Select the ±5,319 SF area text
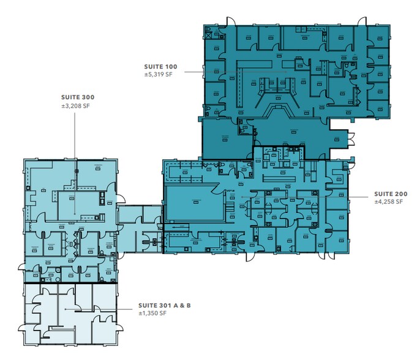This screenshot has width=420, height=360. tap(157, 75)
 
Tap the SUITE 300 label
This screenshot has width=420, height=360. tap(76, 97)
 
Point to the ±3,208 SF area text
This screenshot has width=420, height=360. tap(76, 106)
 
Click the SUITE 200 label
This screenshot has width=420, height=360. tap(391, 194)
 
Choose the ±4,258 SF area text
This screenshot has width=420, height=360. tap(391, 201)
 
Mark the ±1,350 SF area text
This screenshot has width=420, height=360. tap(154, 313)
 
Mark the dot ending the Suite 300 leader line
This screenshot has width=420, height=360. tap(75, 214)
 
